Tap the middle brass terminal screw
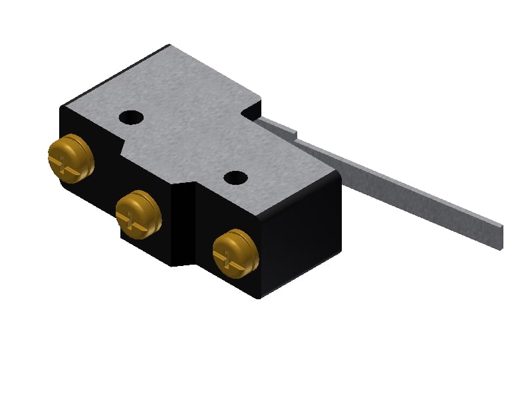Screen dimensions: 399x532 (x=138, y=213)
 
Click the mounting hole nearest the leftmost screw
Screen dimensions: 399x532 (x=131, y=118)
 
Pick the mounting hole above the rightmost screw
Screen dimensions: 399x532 (x=235, y=178)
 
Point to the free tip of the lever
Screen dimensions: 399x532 (x=498, y=236)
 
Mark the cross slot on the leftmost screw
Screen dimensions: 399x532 (x=66, y=160)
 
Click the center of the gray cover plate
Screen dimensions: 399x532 (x=199, y=133)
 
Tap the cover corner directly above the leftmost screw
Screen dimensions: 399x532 (x=62, y=106)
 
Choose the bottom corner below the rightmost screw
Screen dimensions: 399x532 (x=258, y=297)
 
